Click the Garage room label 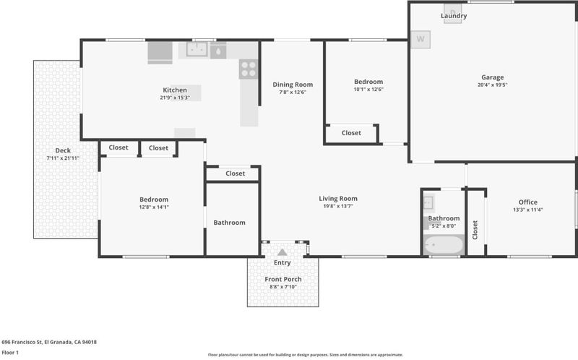pos(493,77)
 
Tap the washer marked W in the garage pos(420,39)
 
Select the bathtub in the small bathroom pos(444,244)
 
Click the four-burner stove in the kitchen pos(249,69)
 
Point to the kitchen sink pos(197,49)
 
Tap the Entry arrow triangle pos(282,252)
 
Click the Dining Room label pos(293,85)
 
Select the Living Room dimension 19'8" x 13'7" pos(338,206)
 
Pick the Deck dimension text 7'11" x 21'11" pos(63,158)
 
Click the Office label pos(528,202)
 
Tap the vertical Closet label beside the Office pos(475,230)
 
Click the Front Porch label pos(283,279)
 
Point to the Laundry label pos(454,16)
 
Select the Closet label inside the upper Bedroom pos(351,133)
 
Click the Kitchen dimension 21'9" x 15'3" pos(175,98)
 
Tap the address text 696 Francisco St pos(22,342)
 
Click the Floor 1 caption pos(10,353)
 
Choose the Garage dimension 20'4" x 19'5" pos(493,85)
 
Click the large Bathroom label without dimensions pos(229,223)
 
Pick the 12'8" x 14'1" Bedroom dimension pos(154,207)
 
